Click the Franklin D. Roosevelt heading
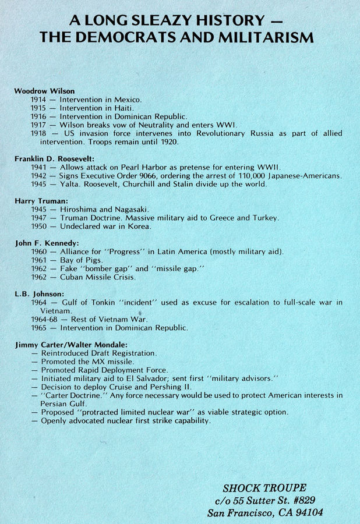[54, 158]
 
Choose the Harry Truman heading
[40, 200]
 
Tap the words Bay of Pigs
[79, 260]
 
